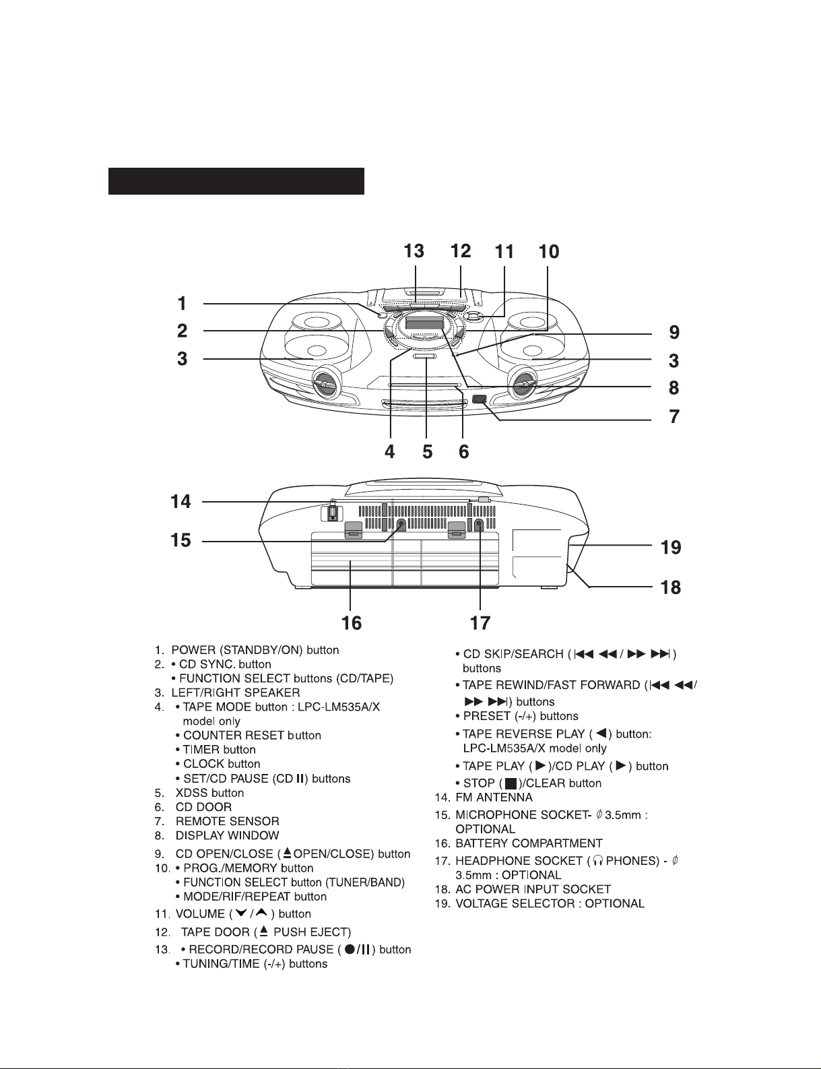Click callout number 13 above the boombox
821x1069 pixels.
coord(414,251)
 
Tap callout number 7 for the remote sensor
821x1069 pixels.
coord(674,416)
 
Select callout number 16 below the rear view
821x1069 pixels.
coord(352,623)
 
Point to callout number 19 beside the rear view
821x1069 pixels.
coord(671,548)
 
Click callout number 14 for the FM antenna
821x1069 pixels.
coord(180,502)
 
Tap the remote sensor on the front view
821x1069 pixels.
coord(480,399)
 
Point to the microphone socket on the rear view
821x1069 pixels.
coord(401,524)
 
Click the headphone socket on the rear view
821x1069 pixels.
coord(480,524)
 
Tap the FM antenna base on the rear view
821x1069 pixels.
coord(332,512)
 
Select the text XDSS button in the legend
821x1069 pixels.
coord(209,793)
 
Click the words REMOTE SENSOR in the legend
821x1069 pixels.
coord(227,821)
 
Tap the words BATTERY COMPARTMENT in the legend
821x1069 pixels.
coord(529,843)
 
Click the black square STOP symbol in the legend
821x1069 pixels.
coord(511,783)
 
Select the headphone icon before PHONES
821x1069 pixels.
coord(597,861)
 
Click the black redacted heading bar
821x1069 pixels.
coord(236,181)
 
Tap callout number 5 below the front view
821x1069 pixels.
coord(427,452)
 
